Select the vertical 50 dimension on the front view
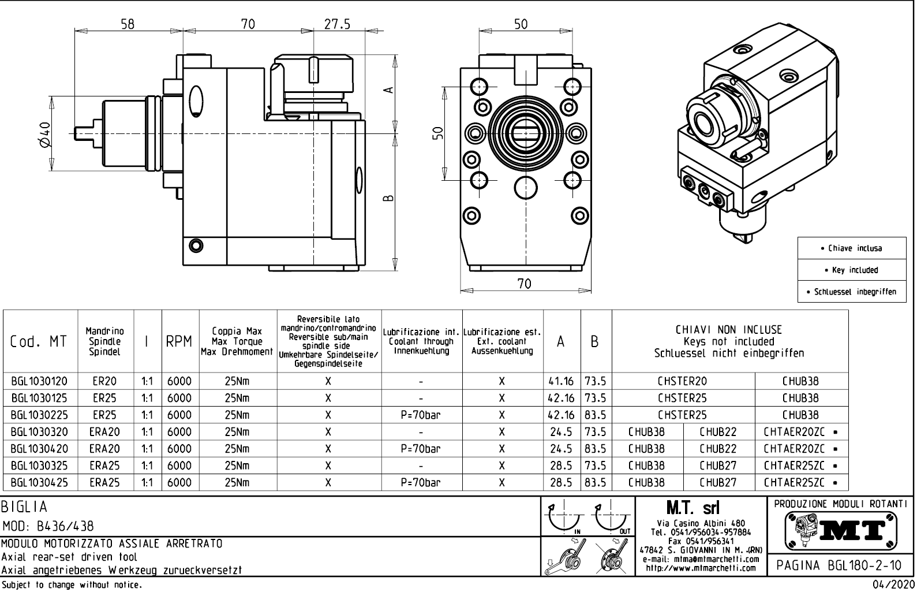[439, 133]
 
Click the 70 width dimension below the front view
[524, 283]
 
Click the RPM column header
[179, 342]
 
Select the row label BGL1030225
[39, 415]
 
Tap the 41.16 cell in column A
[560, 381]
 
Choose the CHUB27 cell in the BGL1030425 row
[718, 482]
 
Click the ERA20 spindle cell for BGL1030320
[104, 431]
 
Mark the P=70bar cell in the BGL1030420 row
[421, 449]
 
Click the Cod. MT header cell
[39, 342]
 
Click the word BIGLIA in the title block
[24, 507]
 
